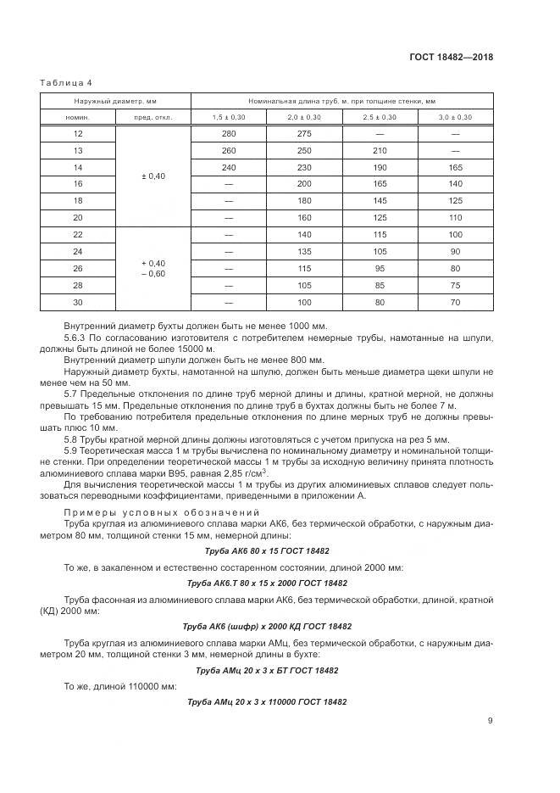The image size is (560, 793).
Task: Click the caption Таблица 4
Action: [65, 82]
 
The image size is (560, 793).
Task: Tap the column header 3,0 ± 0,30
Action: [456, 117]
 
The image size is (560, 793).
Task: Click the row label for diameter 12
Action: [78, 135]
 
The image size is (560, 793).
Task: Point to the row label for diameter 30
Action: [78, 302]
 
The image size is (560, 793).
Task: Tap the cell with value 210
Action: [380, 151]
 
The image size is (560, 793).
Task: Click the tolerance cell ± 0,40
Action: [153, 176]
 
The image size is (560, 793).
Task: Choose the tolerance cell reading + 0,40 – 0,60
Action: [153, 268]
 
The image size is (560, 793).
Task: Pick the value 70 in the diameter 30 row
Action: [456, 302]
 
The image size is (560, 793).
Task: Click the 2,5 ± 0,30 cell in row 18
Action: [380, 200]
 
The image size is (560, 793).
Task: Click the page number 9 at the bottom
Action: [491, 721]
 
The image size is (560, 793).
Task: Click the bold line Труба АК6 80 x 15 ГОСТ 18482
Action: [267, 550]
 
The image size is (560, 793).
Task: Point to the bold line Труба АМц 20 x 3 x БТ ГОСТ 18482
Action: [267, 670]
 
